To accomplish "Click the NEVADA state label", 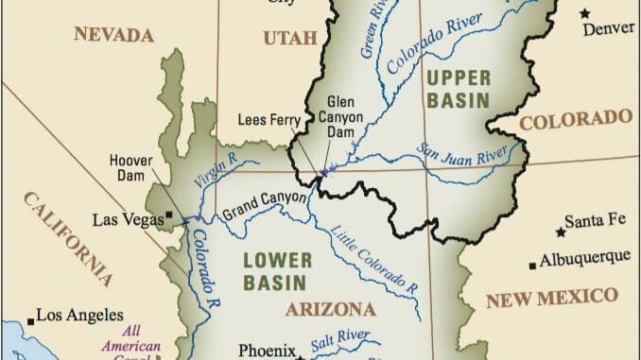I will pyautogui.click(x=113, y=35).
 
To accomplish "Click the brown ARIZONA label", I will pyautogui.click(x=331, y=309).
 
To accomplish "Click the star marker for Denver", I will pyautogui.click(x=585, y=13).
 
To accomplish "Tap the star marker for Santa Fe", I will pyautogui.click(x=561, y=231).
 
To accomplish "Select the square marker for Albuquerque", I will pyautogui.click(x=533, y=265).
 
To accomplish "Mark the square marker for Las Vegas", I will pyautogui.click(x=168, y=215).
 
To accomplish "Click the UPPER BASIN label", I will pyautogui.click(x=457, y=87).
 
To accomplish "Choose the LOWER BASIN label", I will pyautogui.click(x=274, y=270).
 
